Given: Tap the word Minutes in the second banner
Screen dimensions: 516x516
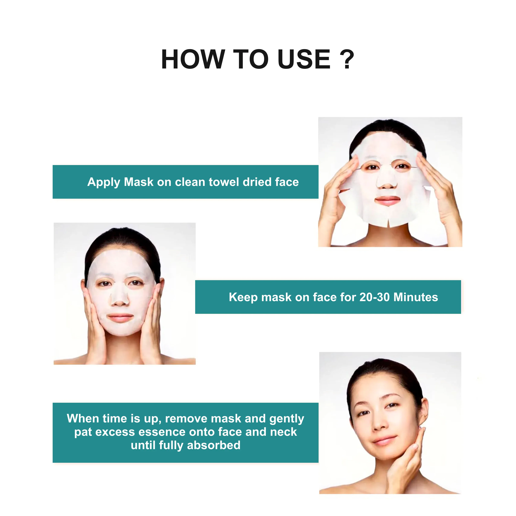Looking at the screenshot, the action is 416,297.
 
